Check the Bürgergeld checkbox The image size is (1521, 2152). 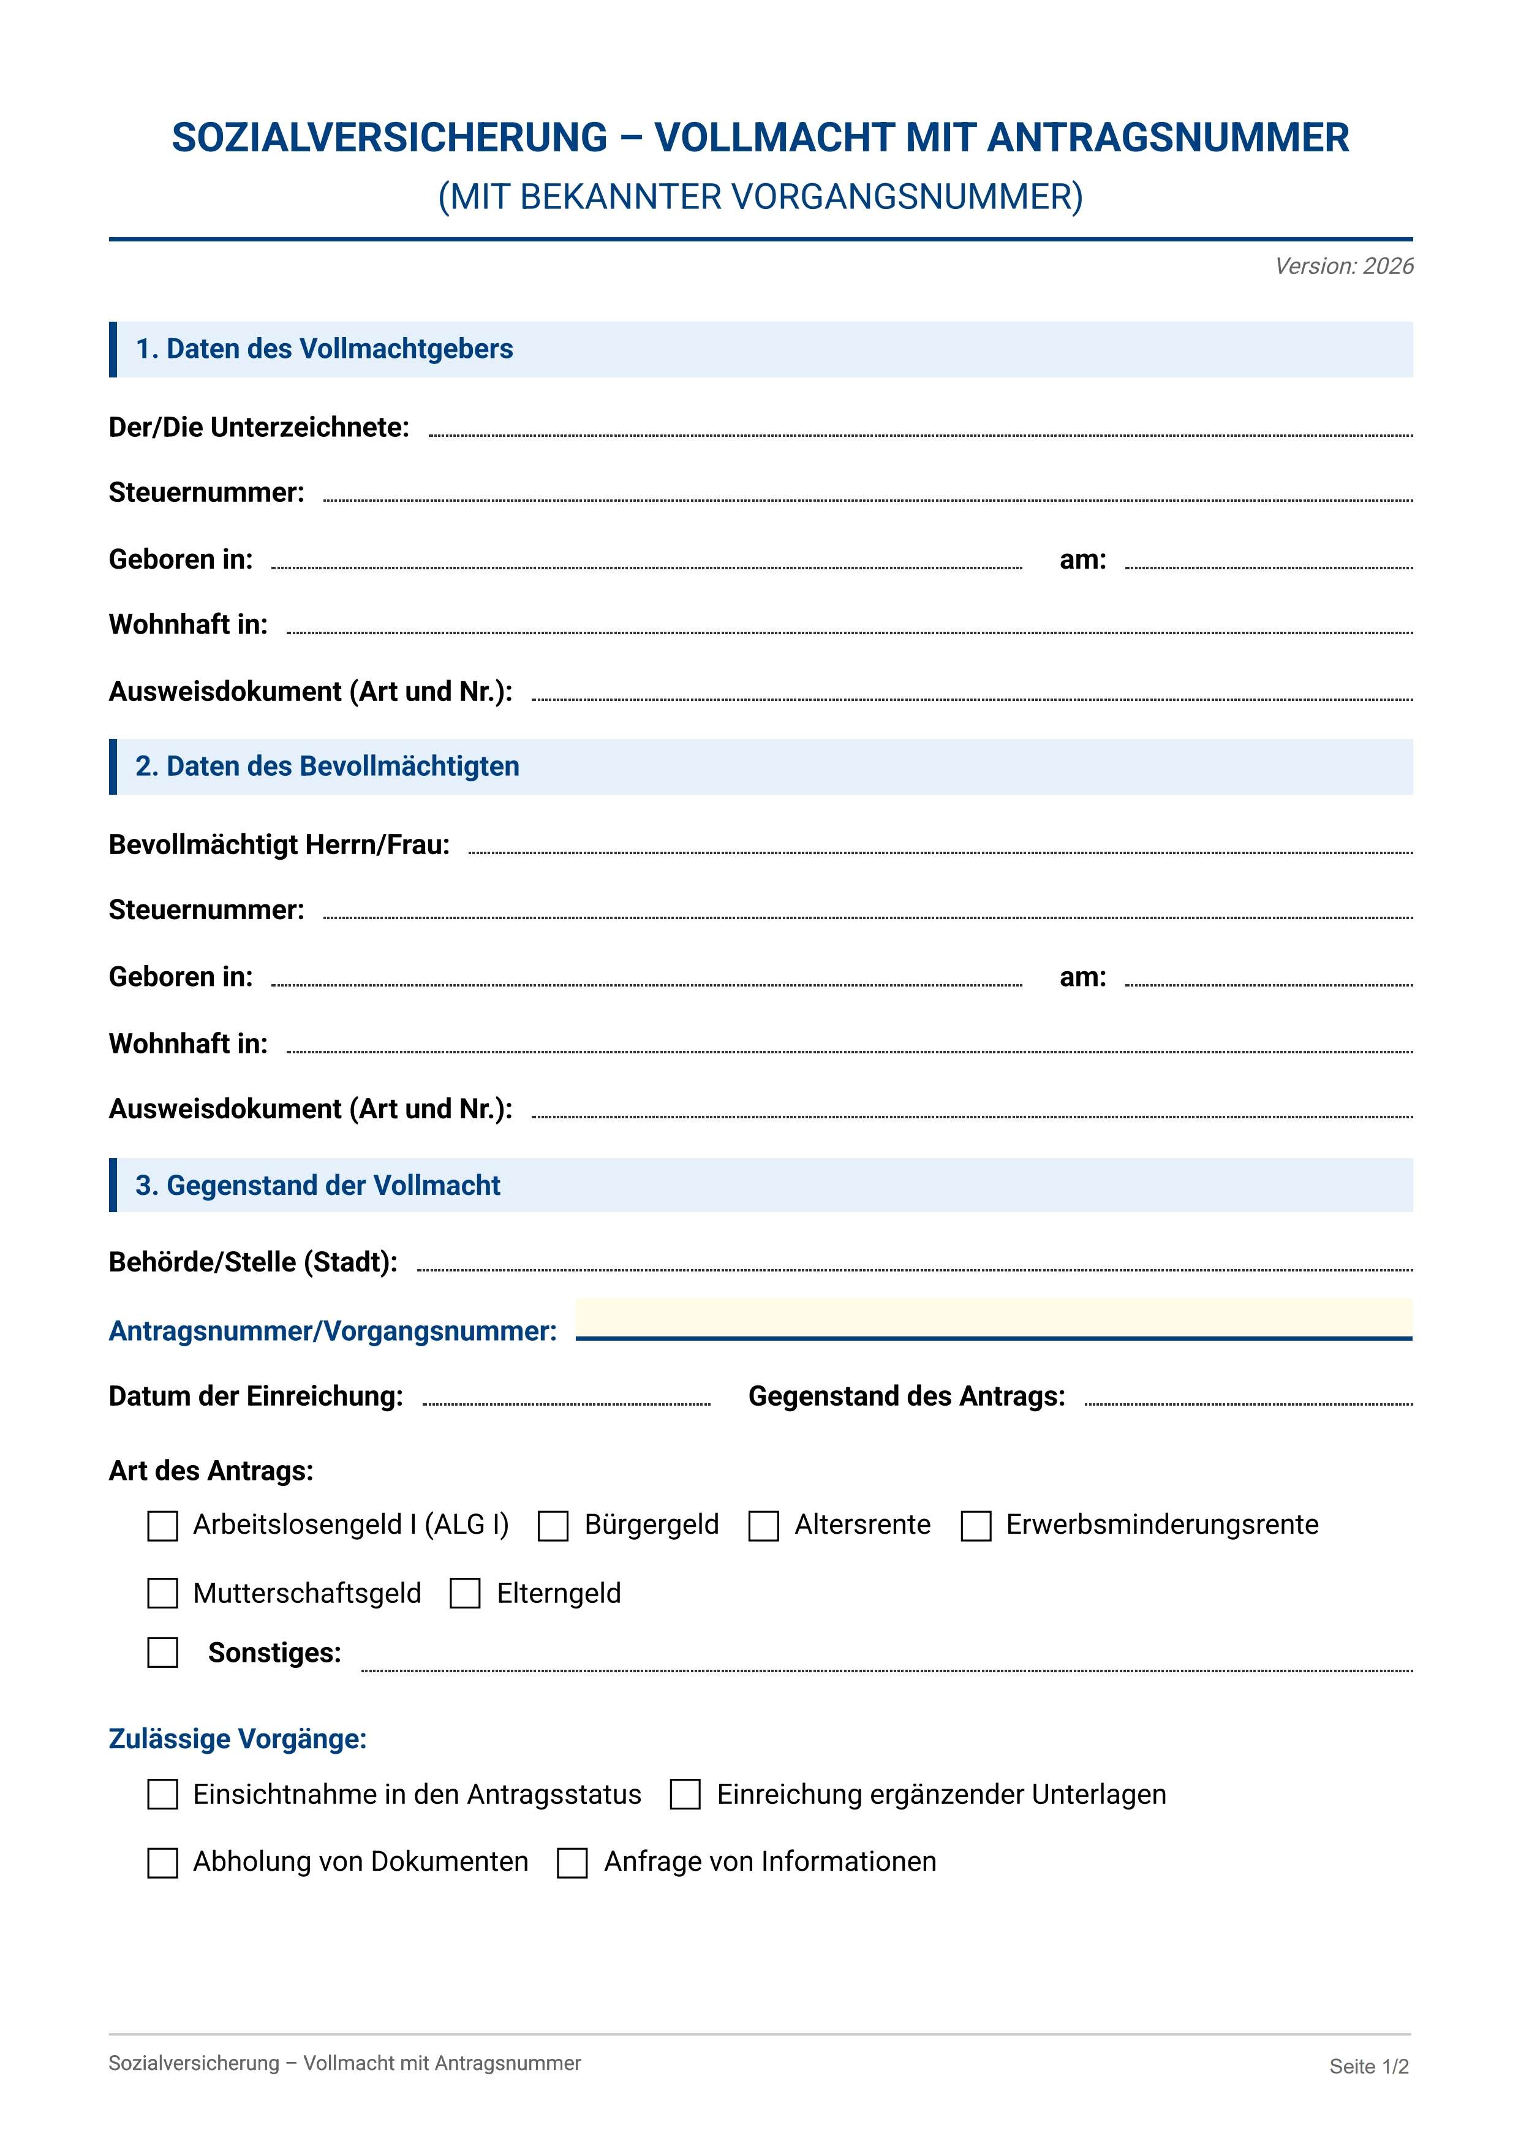tap(553, 1526)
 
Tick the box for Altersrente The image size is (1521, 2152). tap(764, 1526)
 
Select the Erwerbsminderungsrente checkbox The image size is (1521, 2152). tap(976, 1526)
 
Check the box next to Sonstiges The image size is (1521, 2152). tap(163, 1653)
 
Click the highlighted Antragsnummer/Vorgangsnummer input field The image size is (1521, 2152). tap(994, 1320)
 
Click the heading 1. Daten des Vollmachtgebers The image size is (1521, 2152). tap(324, 349)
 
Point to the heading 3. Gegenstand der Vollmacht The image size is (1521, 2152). tap(318, 1186)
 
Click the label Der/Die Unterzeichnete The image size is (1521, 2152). tap(259, 428)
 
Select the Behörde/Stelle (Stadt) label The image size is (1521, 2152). tap(253, 1262)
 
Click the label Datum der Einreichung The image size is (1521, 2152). tap(256, 1396)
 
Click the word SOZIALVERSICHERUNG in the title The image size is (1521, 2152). tap(390, 138)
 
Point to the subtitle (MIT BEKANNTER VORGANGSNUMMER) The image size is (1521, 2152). tap(760, 197)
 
